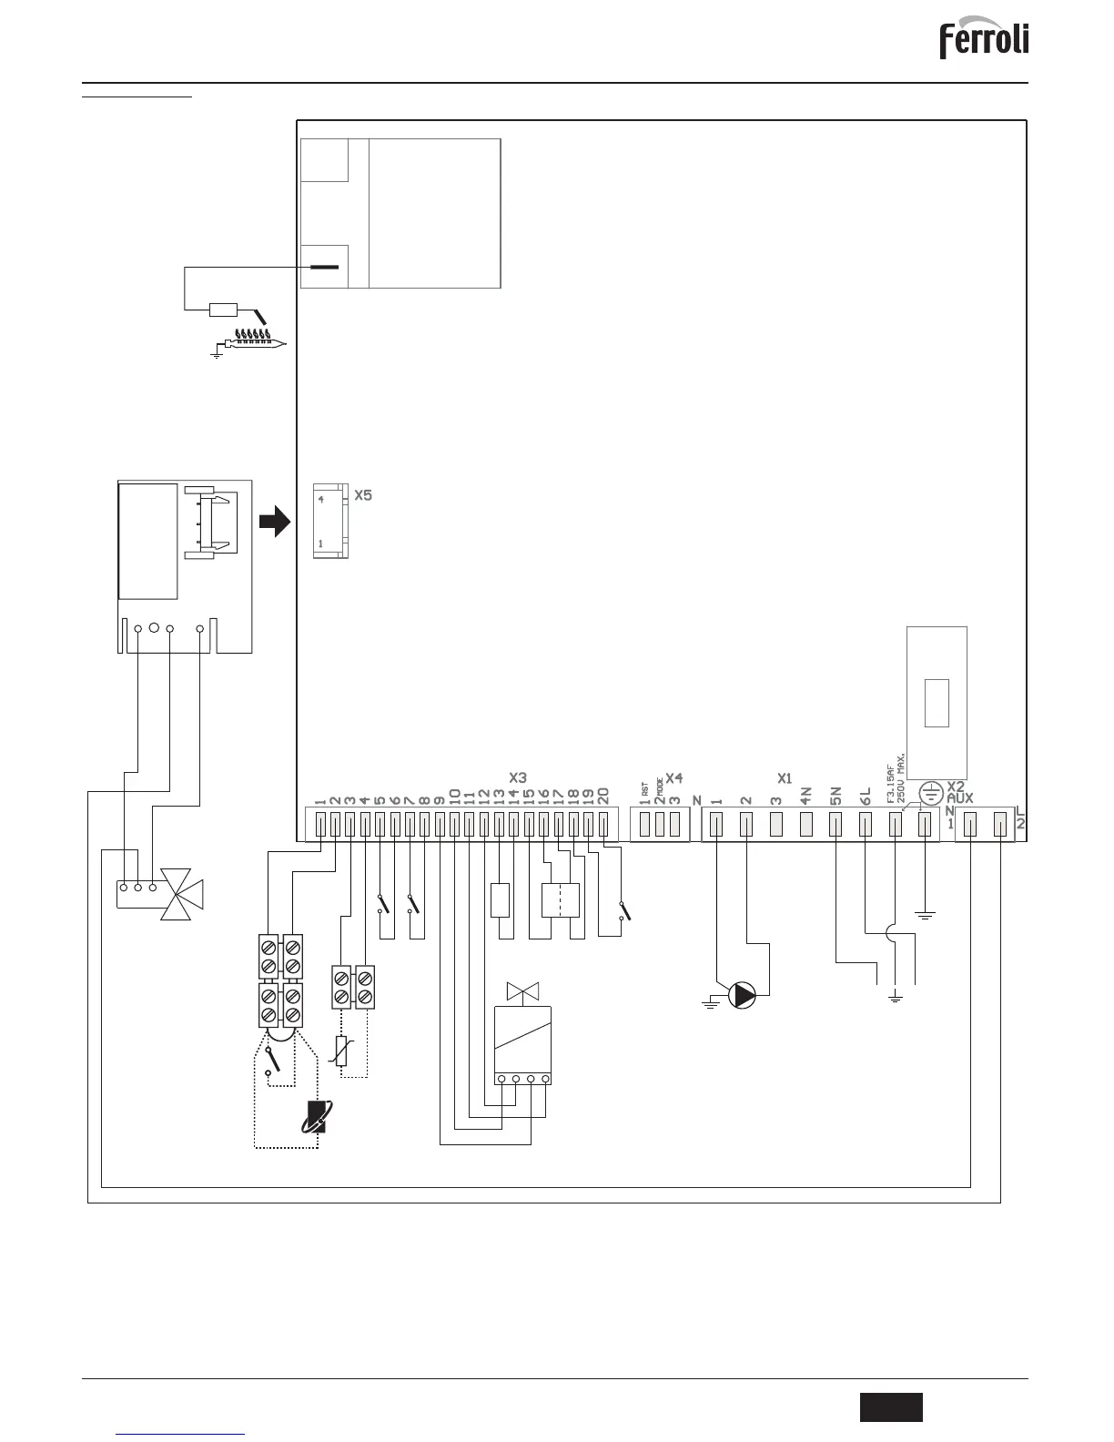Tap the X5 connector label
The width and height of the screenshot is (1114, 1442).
363,496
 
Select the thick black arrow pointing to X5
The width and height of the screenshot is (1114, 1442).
274,523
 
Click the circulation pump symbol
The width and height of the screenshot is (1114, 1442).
744,995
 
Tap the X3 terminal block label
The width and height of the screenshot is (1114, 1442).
518,777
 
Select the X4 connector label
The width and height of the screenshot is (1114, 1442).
674,777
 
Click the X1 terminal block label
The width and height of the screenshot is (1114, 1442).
785,778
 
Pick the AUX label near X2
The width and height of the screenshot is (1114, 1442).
960,797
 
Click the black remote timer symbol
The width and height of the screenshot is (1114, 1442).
317,1117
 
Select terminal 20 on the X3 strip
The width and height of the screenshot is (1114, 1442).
603,825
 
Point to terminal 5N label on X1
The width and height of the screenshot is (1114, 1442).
835,796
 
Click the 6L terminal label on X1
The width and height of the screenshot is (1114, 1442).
866,796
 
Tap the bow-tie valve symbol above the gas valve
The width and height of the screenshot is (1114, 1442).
522,990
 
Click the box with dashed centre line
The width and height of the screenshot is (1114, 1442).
561,899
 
